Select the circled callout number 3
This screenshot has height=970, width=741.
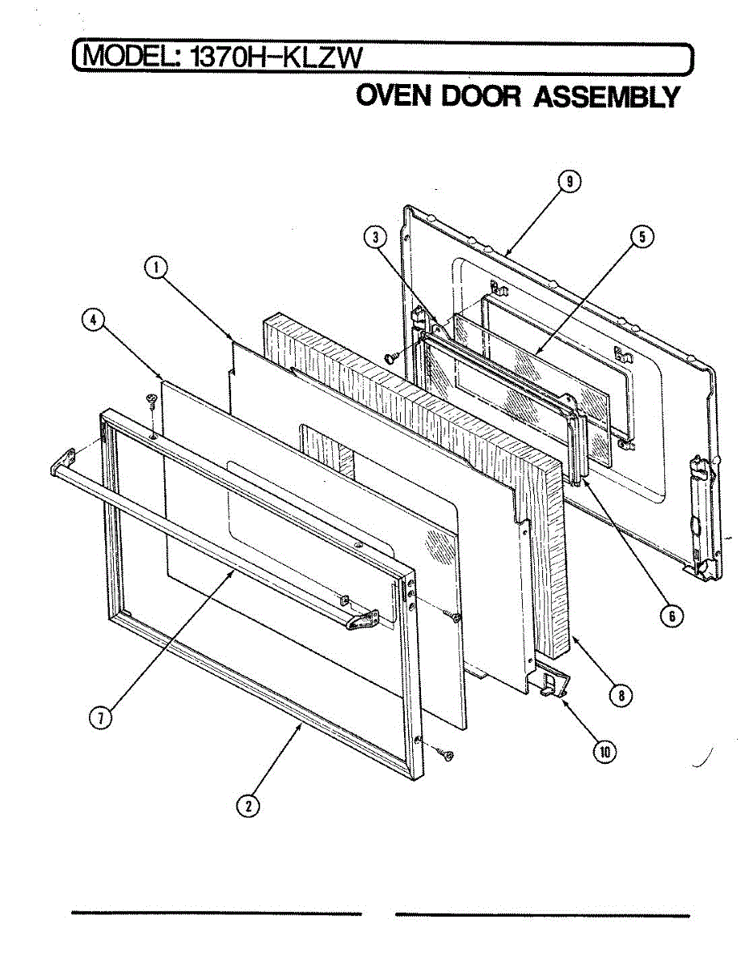coord(373,238)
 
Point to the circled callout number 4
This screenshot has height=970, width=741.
coord(94,320)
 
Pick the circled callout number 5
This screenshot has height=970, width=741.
coord(642,237)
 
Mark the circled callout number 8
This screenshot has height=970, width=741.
coord(620,694)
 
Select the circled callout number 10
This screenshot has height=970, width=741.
coord(604,752)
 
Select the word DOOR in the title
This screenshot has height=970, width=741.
coord(482,96)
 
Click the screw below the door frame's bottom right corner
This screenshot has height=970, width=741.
coord(445,754)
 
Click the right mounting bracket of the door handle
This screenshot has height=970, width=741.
coord(363,620)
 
